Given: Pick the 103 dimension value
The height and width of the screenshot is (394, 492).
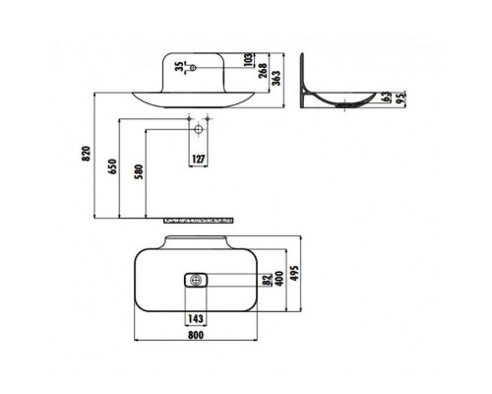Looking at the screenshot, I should click(x=251, y=61).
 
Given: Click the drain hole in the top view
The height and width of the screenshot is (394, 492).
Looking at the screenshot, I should click(x=197, y=280).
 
